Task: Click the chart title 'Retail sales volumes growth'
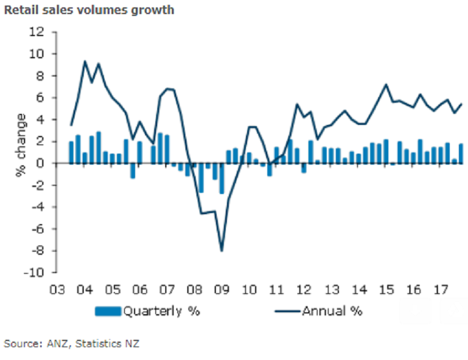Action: point(89,10)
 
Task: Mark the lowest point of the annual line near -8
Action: point(221,250)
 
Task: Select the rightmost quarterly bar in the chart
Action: point(461,154)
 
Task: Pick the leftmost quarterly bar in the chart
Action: point(71,152)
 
